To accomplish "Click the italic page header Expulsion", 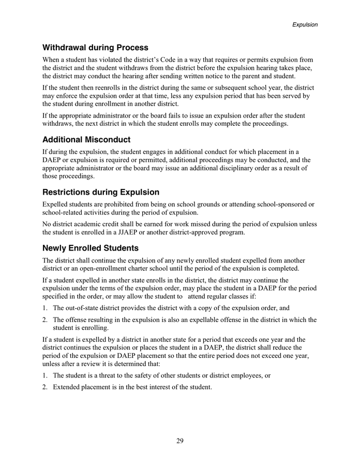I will [x=305, y=24].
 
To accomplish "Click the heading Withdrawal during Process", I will [x=95, y=48].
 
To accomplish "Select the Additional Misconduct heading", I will [x=86, y=140].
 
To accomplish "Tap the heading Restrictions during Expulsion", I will [x=101, y=192].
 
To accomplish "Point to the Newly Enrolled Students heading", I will [x=91, y=247].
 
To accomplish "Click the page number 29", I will [x=179, y=441].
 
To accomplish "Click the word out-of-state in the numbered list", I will [x=83, y=308].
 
